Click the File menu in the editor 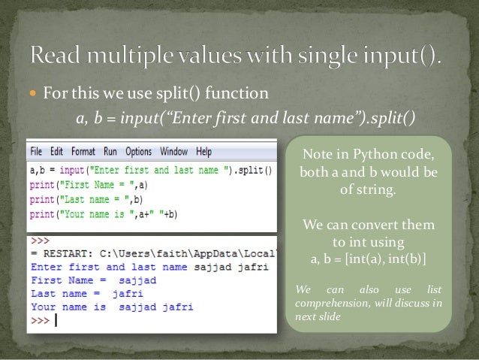point(36,151)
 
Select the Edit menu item point(57,151)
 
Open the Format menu point(83,151)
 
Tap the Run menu point(110,151)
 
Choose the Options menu point(139,151)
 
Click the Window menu point(174,151)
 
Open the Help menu point(204,151)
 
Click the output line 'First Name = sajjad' point(83,280)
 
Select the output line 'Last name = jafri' point(76,294)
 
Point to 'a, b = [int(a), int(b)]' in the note point(368,259)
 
